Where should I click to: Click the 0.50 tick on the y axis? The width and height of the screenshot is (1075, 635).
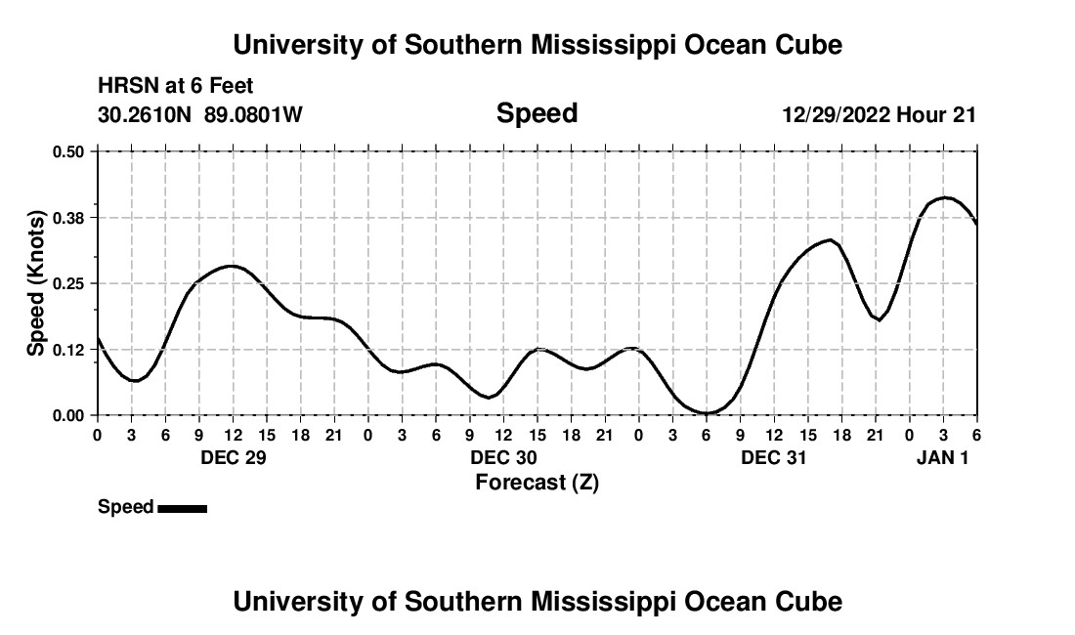pos(68,151)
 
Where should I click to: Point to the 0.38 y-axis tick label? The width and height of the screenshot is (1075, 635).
pos(68,217)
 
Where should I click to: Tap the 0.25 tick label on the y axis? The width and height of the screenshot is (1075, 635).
pos(68,283)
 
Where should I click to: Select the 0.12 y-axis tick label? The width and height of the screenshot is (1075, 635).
pos(68,350)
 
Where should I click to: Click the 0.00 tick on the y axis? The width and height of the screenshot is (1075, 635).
pos(68,415)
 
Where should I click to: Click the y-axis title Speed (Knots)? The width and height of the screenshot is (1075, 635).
pos(36,283)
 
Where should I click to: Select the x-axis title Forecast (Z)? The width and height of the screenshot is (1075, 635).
pos(537,483)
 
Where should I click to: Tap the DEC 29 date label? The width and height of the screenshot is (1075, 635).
pos(233,458)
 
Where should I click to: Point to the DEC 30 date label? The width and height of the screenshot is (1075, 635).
pos(503,458)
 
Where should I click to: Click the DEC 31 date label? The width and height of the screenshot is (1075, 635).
pos(774,458)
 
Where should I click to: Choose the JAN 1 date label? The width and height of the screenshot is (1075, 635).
pos(942,458)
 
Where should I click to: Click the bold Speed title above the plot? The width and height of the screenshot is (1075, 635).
pos(537,113)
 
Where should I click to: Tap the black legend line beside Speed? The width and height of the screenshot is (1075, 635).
pos(182,508)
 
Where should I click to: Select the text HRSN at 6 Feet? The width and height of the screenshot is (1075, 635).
pos(176,87)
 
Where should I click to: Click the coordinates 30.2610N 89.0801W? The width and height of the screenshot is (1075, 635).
pos(200,115)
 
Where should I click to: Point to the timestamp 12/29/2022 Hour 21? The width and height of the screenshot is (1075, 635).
pos(879,115)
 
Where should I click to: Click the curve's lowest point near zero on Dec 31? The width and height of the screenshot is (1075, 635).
pos(707,413)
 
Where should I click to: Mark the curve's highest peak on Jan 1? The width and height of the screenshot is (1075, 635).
pos(944,197)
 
